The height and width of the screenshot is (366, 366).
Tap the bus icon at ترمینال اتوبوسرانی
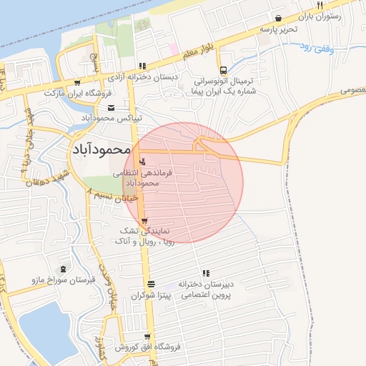[224, 70]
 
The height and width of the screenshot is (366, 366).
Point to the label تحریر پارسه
[277, 29]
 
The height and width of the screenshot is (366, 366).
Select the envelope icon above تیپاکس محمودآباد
[110, 107]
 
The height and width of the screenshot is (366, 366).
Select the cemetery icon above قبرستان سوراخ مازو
[64, 269]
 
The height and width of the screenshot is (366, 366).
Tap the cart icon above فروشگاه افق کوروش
[148, 337]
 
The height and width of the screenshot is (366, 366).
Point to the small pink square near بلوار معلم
[174, 49]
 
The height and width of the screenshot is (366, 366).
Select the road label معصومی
[351, 91]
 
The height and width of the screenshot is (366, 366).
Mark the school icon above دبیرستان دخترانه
[206, 273]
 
